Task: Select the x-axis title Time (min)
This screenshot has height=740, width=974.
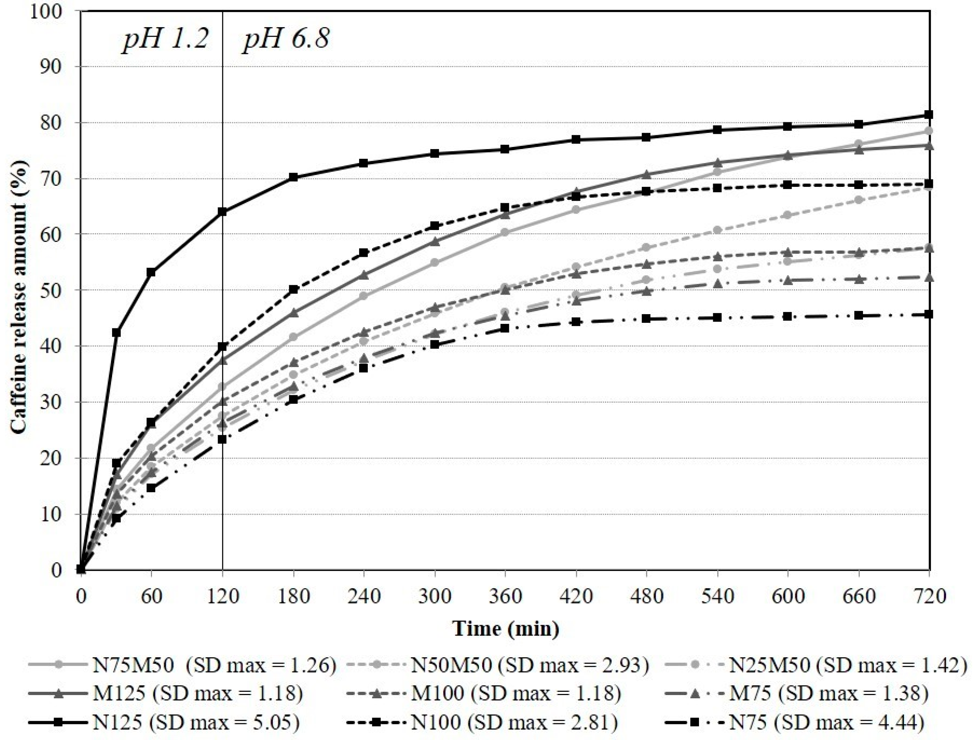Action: (x=506, y=629)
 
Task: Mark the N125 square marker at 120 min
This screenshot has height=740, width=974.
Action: (x=222, y=212)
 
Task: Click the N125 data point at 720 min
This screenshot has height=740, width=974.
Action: (x=929, y=115)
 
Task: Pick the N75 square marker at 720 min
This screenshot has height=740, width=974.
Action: (x=929, y=314)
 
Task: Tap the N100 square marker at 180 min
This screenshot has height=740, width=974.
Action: (x=293, y=289)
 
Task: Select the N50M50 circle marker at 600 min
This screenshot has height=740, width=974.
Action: (x=788, y=215)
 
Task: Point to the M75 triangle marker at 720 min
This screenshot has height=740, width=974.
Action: (x=929, y=277)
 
